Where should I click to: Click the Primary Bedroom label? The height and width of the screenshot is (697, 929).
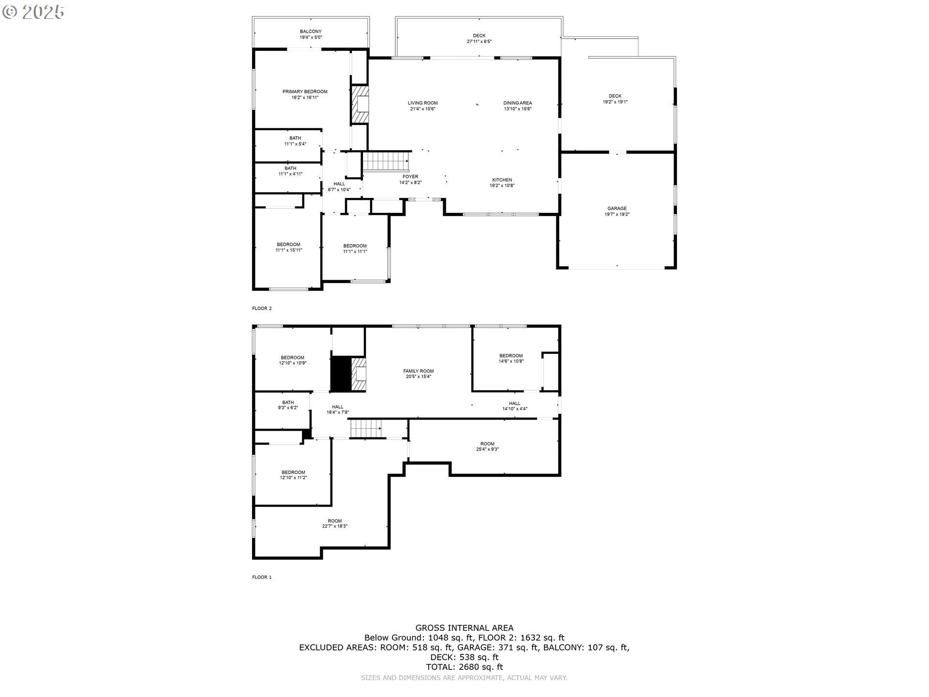point(305,91)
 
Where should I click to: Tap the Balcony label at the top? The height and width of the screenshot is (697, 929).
point(311,31)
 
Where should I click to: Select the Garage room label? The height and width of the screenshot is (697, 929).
point(617,209)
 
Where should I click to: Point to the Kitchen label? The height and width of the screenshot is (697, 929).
point(502,180)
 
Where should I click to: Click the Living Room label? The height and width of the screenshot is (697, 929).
point(423,103)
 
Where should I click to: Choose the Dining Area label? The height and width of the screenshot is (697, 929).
point(518,103)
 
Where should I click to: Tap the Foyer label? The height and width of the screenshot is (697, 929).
point(410,177)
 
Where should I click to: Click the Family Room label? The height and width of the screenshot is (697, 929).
point(419,371)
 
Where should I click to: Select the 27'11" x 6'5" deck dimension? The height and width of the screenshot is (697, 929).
point(479,42)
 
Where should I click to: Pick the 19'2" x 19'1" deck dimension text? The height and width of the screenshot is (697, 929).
point(615,102)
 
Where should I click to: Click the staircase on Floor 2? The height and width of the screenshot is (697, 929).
point(386,161)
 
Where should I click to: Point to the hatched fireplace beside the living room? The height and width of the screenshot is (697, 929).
point(360,105)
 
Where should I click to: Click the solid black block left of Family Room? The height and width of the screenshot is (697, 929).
point(341,374)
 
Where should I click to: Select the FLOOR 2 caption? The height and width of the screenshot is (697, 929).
point(262,308)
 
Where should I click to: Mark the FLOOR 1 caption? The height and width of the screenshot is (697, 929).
point(262,577)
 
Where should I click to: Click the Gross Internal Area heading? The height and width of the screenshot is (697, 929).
point(464,628)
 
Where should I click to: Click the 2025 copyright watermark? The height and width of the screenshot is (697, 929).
point(33,12)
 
